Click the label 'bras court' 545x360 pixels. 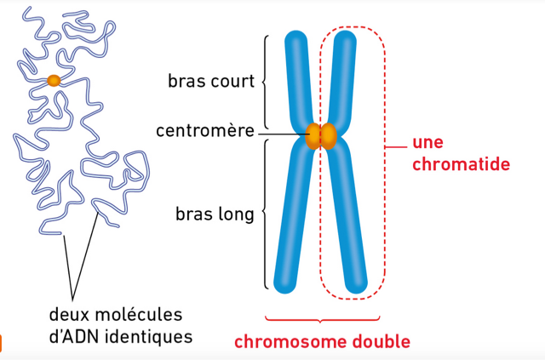(211, 81)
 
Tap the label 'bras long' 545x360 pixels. (215, 214)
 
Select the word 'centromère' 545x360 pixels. (205, 131)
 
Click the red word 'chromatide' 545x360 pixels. (462, 163)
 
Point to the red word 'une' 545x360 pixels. (427, 142)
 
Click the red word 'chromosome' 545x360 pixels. (290, 341)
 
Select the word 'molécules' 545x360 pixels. (138, 315)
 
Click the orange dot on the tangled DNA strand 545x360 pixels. (54, 81)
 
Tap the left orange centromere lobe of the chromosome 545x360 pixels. (313, 136)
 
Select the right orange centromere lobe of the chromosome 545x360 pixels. (329, 136)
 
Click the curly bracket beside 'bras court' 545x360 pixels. (265, 82)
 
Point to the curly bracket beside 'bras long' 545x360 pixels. (265, 214)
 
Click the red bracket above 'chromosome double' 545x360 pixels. (322, 319)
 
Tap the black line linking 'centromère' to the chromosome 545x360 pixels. (282, 134)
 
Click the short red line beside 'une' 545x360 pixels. (396, 147)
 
